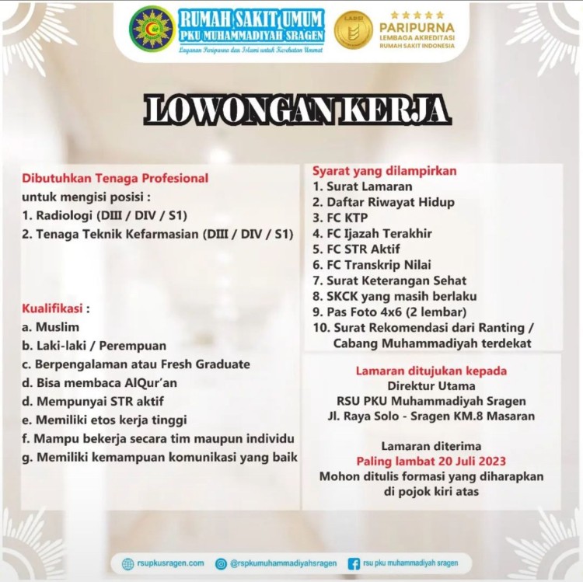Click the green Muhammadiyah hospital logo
(151, 29)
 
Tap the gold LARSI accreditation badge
(353, 30)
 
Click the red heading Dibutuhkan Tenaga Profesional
(115, 178)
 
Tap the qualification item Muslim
(51, 327)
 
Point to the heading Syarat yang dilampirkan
(384, 170)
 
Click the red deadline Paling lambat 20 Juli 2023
(431, 461)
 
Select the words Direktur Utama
(431, 385)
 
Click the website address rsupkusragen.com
(169, 563)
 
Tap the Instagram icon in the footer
(222, 564)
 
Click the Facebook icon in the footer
(354, 564)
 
